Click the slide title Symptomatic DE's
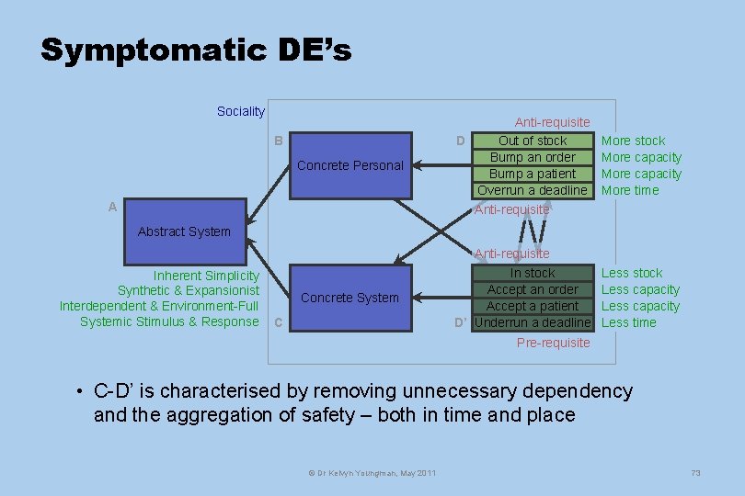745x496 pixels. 196,50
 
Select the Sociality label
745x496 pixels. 240,111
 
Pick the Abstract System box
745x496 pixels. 184,231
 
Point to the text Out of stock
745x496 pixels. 533,141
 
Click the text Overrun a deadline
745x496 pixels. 533,190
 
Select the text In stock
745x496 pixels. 533,273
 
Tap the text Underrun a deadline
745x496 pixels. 533,322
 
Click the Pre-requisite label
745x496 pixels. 553,343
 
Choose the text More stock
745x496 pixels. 633,141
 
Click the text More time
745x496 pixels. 630,190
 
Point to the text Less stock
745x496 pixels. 632,273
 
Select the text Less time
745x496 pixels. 629,322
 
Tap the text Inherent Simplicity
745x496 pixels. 206,276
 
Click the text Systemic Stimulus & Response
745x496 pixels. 169,321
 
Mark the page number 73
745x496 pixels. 695,472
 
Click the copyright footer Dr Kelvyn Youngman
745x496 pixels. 372,472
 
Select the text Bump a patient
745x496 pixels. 533,174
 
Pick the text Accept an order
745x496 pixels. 533,289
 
